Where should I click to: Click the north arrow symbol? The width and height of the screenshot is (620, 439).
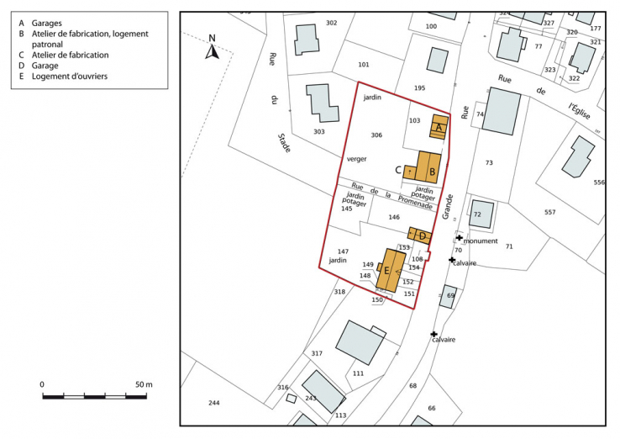pos(213,50)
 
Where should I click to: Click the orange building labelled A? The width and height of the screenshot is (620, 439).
pos(439,126)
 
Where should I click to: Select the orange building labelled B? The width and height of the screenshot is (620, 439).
pos(429,167)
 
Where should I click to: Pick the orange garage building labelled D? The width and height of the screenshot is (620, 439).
pos(421,235)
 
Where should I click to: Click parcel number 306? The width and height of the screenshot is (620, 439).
pos(376,135)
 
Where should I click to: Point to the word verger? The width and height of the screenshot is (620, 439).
pos(357,158)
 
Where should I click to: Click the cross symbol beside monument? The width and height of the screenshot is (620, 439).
pos(460,238)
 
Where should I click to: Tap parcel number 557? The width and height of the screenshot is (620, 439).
pos(550,212)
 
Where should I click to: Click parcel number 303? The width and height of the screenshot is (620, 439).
pos(318,131)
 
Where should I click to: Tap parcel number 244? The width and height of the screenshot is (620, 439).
pos(214,403)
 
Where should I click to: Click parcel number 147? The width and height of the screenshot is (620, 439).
pos(343,251)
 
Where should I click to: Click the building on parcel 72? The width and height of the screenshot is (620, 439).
pos(481,214)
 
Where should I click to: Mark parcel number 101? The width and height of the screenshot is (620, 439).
pos(364,65)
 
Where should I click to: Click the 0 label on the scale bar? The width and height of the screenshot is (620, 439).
pos(42,384)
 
